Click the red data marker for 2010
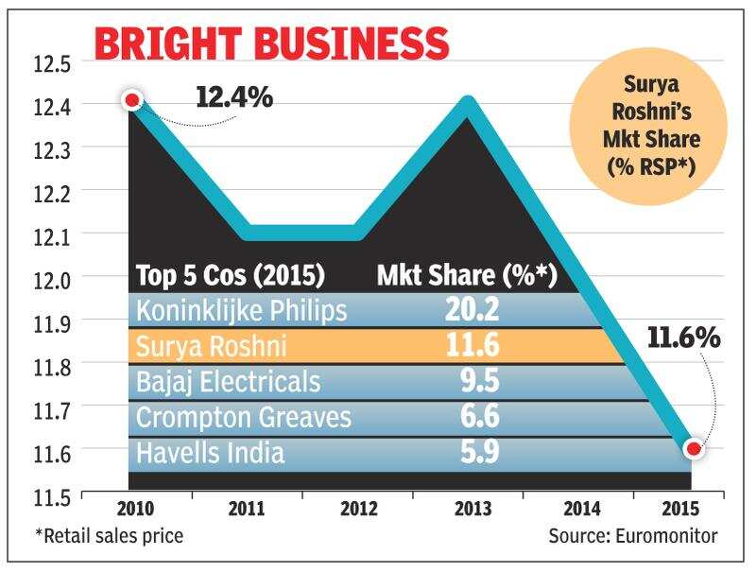[x=132, y=101]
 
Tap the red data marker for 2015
[x=694, y=449]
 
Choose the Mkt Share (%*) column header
[x=466, y=276]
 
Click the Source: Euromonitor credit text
[x=632, y=536]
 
